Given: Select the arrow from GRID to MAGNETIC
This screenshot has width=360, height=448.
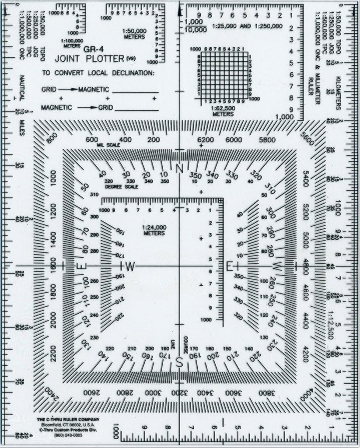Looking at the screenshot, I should (x=69, y=89).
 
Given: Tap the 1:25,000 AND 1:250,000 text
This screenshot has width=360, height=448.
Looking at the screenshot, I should (x=248, y=26).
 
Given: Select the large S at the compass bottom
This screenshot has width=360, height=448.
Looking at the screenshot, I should (x=179, y=362).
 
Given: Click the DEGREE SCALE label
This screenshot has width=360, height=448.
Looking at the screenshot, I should (x=122, y=187).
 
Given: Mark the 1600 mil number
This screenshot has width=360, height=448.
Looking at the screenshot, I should (x=53, y=266).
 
